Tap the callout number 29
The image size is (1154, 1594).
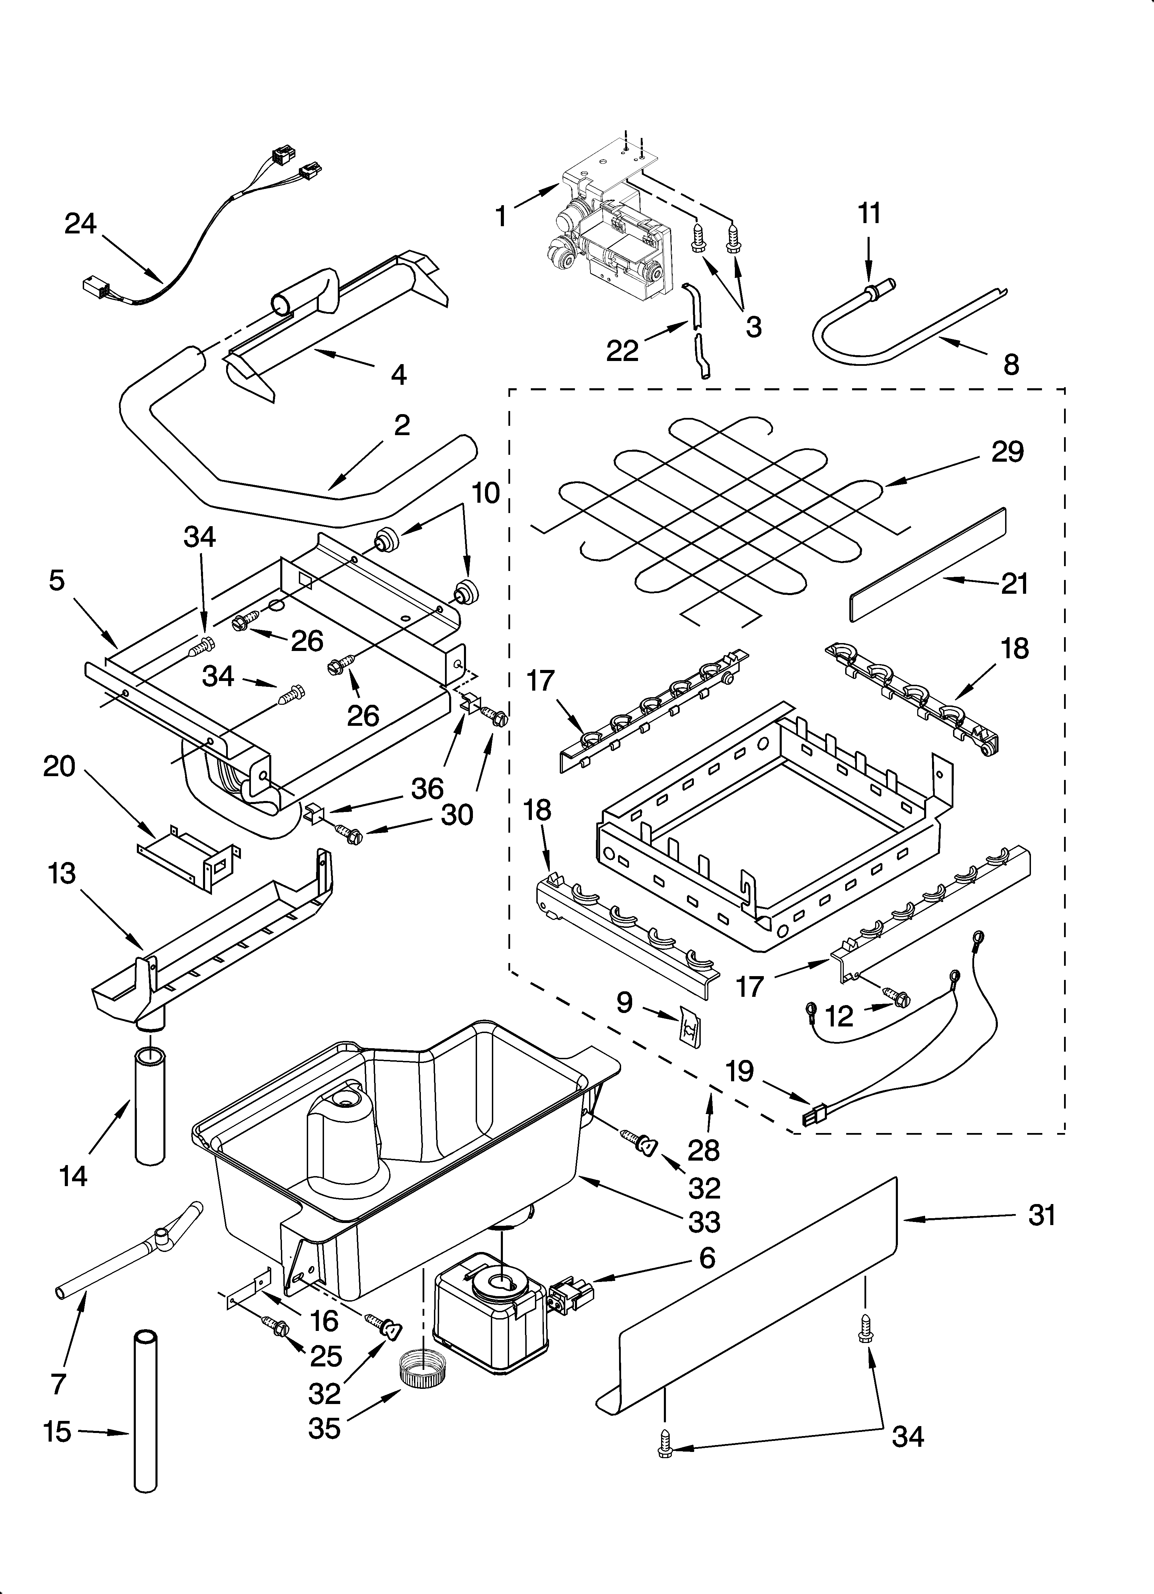[1007, 452]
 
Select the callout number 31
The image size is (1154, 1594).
[1042, 1215]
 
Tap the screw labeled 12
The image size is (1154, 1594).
[896, 996]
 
